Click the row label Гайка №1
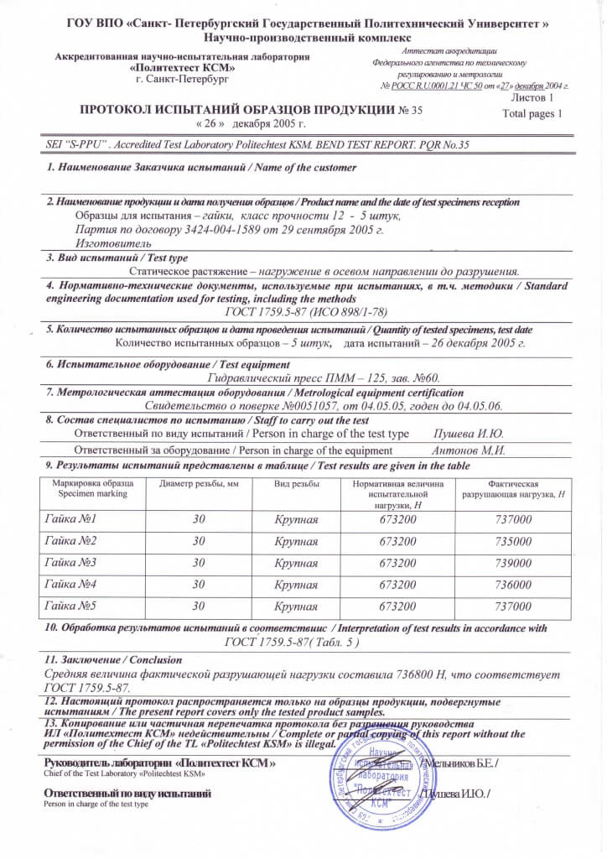[x=70, y=518]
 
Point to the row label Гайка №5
[x=70, y=606]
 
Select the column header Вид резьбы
[x=296, y=485]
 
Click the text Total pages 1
[x=532, y=112]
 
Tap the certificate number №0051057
[x=285, y=405]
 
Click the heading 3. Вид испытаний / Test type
[x=117, y=258]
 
